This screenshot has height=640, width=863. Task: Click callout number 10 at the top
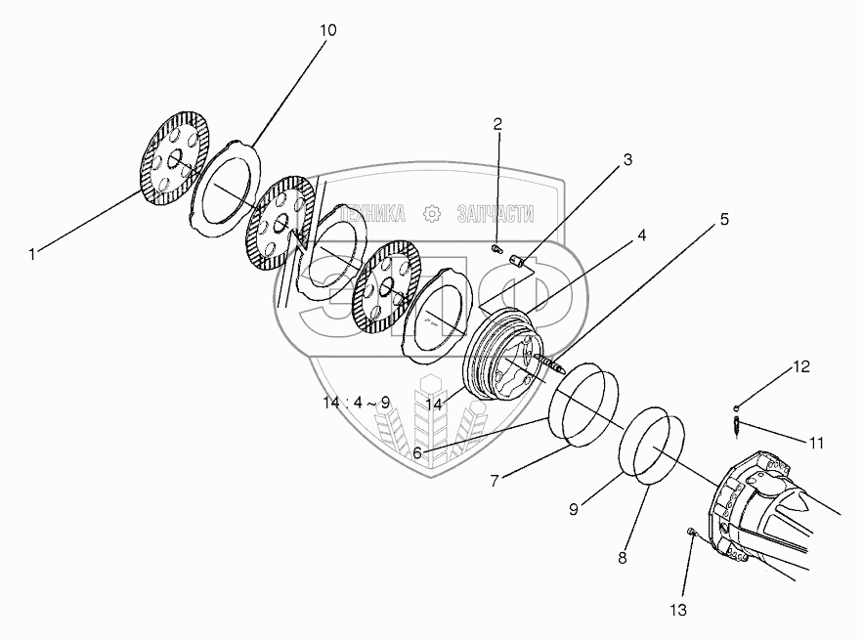326,30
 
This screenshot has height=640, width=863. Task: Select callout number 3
627,158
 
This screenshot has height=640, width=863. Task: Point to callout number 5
723,219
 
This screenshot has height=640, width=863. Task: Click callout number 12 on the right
800,367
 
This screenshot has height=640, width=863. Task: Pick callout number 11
815,443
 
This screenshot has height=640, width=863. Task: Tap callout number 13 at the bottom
678,611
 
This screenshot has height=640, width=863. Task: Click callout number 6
416,453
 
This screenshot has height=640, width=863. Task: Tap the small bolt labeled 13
692,533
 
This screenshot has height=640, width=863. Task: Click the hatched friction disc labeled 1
176,160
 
